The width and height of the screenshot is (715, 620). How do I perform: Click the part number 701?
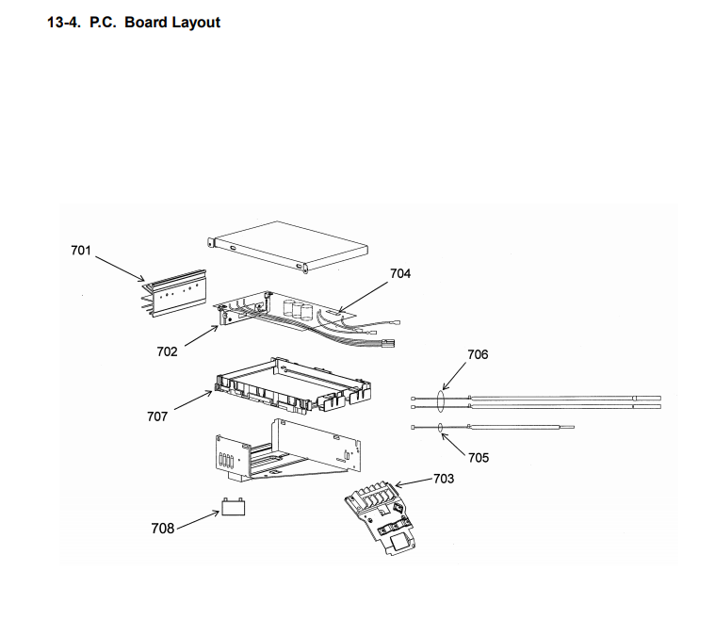[81, 250]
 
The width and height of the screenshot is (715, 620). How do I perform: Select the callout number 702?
[167, 351]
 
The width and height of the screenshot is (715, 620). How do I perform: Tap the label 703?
[443, 479]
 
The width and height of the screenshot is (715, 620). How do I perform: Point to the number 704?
[400, 273]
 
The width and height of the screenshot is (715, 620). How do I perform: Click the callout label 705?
[479, 457]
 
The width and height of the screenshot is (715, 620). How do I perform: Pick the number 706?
[478, 355]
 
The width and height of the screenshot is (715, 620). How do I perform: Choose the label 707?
[157, 416]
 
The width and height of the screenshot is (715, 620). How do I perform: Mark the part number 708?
[162, 529]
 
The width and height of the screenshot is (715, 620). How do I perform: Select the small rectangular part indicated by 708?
[233, 510]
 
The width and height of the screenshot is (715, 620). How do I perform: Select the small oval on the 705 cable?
[441, 428]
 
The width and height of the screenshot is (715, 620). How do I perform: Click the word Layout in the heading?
[196, 22]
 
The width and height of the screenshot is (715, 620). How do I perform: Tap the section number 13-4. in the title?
[65, 22]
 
